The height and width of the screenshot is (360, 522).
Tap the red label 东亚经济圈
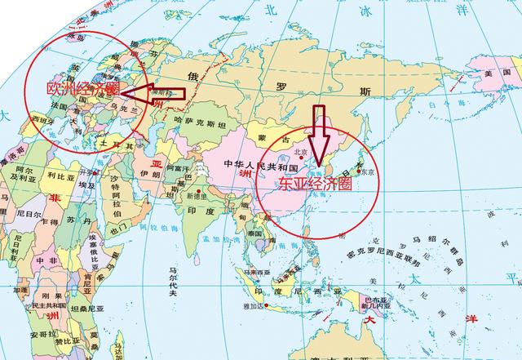point(313,184)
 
